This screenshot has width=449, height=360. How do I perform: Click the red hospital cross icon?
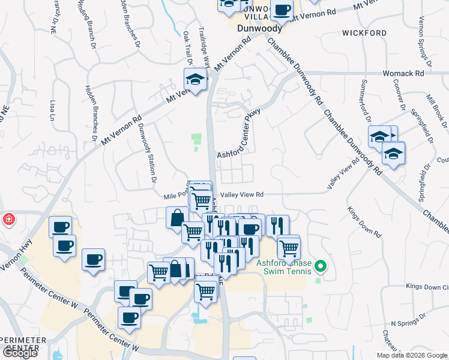8,219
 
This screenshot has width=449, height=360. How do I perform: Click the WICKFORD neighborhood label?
364,32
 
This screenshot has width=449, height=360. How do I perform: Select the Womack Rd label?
403,73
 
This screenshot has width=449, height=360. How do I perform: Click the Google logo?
19,353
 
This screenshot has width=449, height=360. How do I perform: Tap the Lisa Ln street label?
53,110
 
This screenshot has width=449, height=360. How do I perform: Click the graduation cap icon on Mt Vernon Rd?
195,79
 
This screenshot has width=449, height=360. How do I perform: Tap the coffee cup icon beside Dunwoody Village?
282,10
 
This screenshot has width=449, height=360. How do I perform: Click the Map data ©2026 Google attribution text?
412,355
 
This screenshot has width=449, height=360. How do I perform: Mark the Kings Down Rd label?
364,221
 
